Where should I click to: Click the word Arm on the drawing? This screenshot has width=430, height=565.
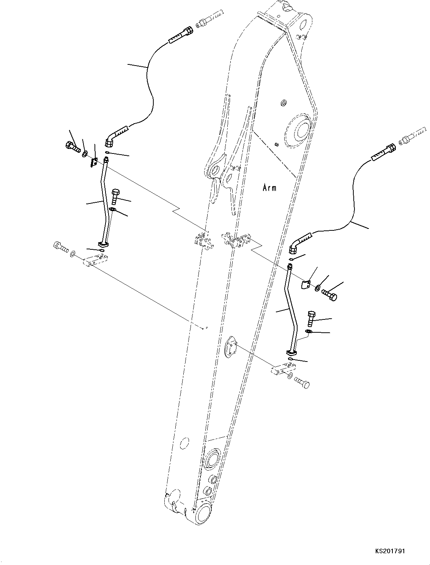[269, 187]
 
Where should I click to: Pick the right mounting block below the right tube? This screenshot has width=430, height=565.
[284, 369]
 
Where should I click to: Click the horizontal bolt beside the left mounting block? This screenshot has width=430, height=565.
[60, 247]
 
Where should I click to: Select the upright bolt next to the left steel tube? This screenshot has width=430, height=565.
[115, 196]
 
